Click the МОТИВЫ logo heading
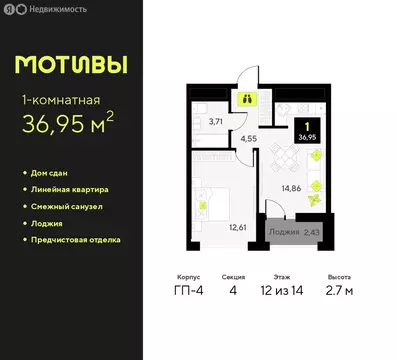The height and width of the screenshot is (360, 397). tap(71, 65)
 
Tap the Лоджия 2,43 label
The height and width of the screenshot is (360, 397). tap(294, 231)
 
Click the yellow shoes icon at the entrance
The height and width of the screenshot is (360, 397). tap(247, 99)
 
